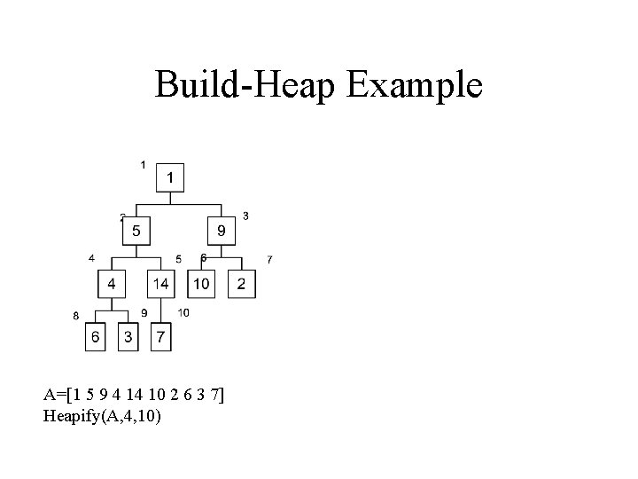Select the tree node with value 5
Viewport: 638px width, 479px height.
point(136,232)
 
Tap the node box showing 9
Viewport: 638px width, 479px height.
point(222,232)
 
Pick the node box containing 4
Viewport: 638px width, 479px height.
point(112,284)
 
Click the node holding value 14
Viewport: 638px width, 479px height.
point(160,284)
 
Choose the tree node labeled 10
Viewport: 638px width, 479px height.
point(201,284)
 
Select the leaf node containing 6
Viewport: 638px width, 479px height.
point(97,337)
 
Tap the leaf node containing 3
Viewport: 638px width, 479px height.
point(128,337)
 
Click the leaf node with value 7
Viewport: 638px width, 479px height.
point(159,337)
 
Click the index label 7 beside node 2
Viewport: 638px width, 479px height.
point(269,259)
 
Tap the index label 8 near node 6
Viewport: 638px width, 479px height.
point(76,315)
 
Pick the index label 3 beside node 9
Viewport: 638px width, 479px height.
point(245,216)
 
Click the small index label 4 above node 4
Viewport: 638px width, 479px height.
point(91,258)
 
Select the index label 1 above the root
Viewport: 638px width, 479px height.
point(144,164)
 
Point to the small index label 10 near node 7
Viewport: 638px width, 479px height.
point(183,312)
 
